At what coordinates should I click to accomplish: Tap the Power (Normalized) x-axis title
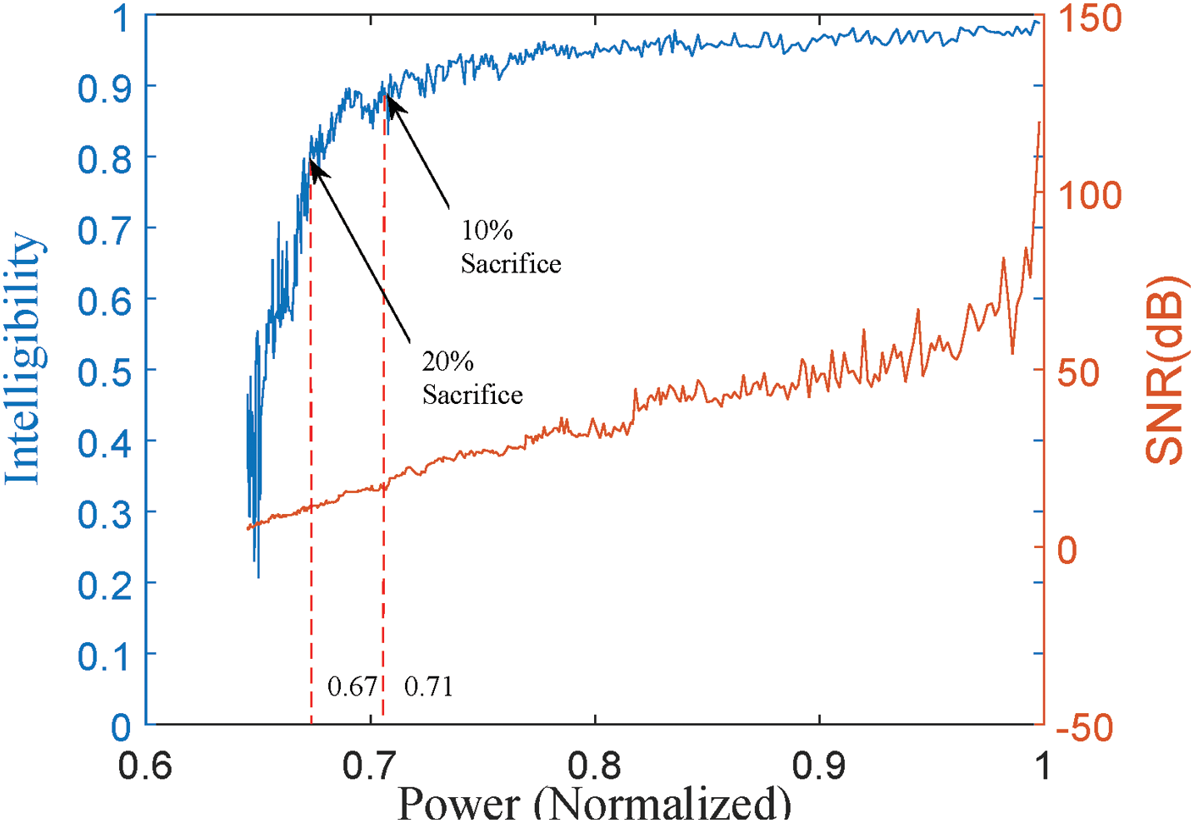click(x=593, y=803)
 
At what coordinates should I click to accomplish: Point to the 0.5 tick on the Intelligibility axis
click(x=104, y=372)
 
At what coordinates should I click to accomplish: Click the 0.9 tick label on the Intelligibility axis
click(x=104, y=87)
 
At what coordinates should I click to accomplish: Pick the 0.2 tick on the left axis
click(x=104, y=585)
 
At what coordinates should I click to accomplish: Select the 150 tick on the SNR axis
click(x=1090, y=18)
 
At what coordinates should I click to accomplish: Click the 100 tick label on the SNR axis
click(x=1090, y=196)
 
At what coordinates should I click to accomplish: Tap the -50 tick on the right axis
click(x=1085, y=727)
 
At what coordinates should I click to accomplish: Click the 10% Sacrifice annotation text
click(x=510, y=247)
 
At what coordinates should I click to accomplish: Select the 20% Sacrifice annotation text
click(x=472, y=378)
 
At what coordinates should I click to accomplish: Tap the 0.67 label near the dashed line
click(x=352, y=686)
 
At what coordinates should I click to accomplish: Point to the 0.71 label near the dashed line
click(x=428, y=686)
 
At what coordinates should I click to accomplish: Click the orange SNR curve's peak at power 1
click(x=1039, y=122)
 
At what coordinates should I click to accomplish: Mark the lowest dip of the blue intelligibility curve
click(x=258, y=576)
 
